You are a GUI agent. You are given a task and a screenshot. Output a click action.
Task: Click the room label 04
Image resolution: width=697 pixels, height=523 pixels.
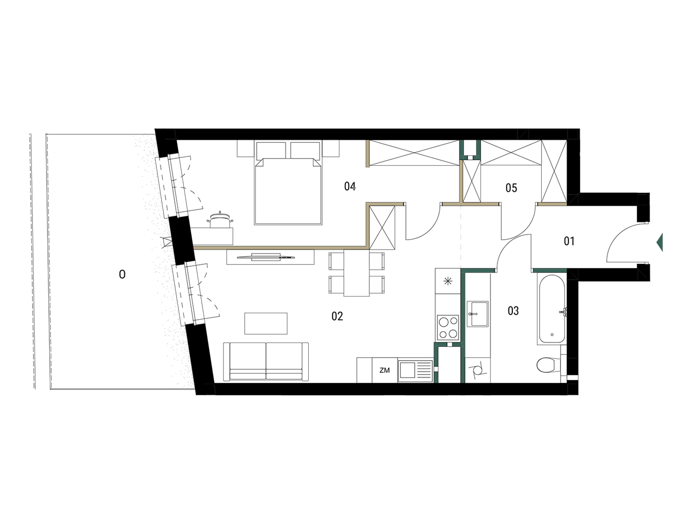[349, 186]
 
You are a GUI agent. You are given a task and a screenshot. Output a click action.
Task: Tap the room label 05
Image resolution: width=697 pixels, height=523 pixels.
[511, 188]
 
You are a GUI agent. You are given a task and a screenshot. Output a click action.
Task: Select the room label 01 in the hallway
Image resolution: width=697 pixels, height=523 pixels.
[569, 242]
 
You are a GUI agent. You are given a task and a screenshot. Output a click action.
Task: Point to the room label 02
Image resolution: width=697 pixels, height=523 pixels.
[337, 316]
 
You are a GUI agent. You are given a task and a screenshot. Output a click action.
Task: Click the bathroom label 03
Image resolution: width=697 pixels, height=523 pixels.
[513, 310]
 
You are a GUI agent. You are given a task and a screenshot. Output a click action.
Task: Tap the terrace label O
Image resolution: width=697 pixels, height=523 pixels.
[122, 274]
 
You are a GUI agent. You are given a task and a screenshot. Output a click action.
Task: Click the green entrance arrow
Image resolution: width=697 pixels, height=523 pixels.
[660, 242]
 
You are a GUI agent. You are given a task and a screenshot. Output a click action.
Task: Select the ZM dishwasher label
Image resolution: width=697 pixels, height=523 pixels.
[384, 370]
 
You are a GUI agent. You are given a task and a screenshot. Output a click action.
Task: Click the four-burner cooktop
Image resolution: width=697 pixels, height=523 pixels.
[448, 327]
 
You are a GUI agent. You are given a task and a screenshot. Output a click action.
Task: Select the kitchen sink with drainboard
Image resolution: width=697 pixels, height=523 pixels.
[415, 371]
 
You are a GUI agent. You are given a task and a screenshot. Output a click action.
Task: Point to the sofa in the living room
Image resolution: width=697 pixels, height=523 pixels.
[266, 362]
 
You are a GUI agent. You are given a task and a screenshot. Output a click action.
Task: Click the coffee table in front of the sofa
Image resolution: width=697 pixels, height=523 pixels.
[266, 323]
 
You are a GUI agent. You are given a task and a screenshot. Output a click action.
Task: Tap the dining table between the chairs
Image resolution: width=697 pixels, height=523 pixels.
[356, 273]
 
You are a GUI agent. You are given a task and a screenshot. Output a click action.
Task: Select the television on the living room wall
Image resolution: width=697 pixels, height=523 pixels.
[266, 257]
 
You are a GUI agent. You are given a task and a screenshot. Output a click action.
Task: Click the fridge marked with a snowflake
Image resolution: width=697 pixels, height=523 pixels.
[448, 281]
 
